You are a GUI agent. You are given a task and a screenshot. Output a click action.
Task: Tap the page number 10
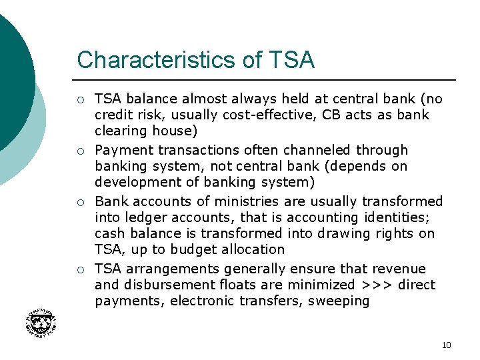[x=446, y=345]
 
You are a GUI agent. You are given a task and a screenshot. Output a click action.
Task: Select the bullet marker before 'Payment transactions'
[x=80, y=151]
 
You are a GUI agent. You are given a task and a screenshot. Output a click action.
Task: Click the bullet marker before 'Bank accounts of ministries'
[x=80, y=202]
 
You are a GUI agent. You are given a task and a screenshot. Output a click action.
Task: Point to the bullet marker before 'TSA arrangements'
[x=80, y=269]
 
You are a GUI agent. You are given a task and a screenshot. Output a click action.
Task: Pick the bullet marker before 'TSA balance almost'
[x=80, y=100]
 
